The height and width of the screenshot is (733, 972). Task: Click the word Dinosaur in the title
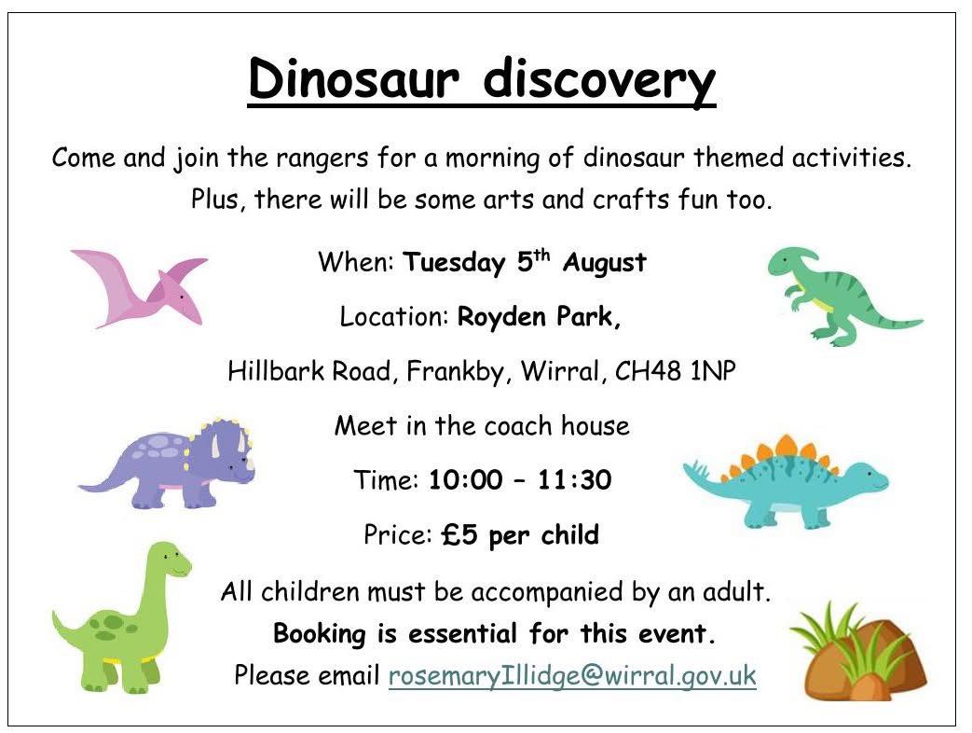(354, 78)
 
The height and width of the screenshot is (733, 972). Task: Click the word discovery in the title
(599, 81)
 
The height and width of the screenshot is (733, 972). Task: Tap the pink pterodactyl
(140, 287)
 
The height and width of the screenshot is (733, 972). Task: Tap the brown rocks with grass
(858, 651)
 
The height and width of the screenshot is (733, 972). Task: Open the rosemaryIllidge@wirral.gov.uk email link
(572, 674)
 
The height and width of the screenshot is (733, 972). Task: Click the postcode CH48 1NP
(675, 371)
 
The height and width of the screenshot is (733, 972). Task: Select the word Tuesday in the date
(454, 262)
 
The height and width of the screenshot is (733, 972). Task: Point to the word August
(605, 262)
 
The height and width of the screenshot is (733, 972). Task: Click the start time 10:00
(466, 480)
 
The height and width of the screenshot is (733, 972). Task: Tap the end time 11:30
(574, 480)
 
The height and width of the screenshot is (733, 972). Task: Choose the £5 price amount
(459, 534)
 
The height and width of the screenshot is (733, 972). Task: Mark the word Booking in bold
(320, 634)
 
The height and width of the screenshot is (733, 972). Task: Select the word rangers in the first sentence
(322, 159)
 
